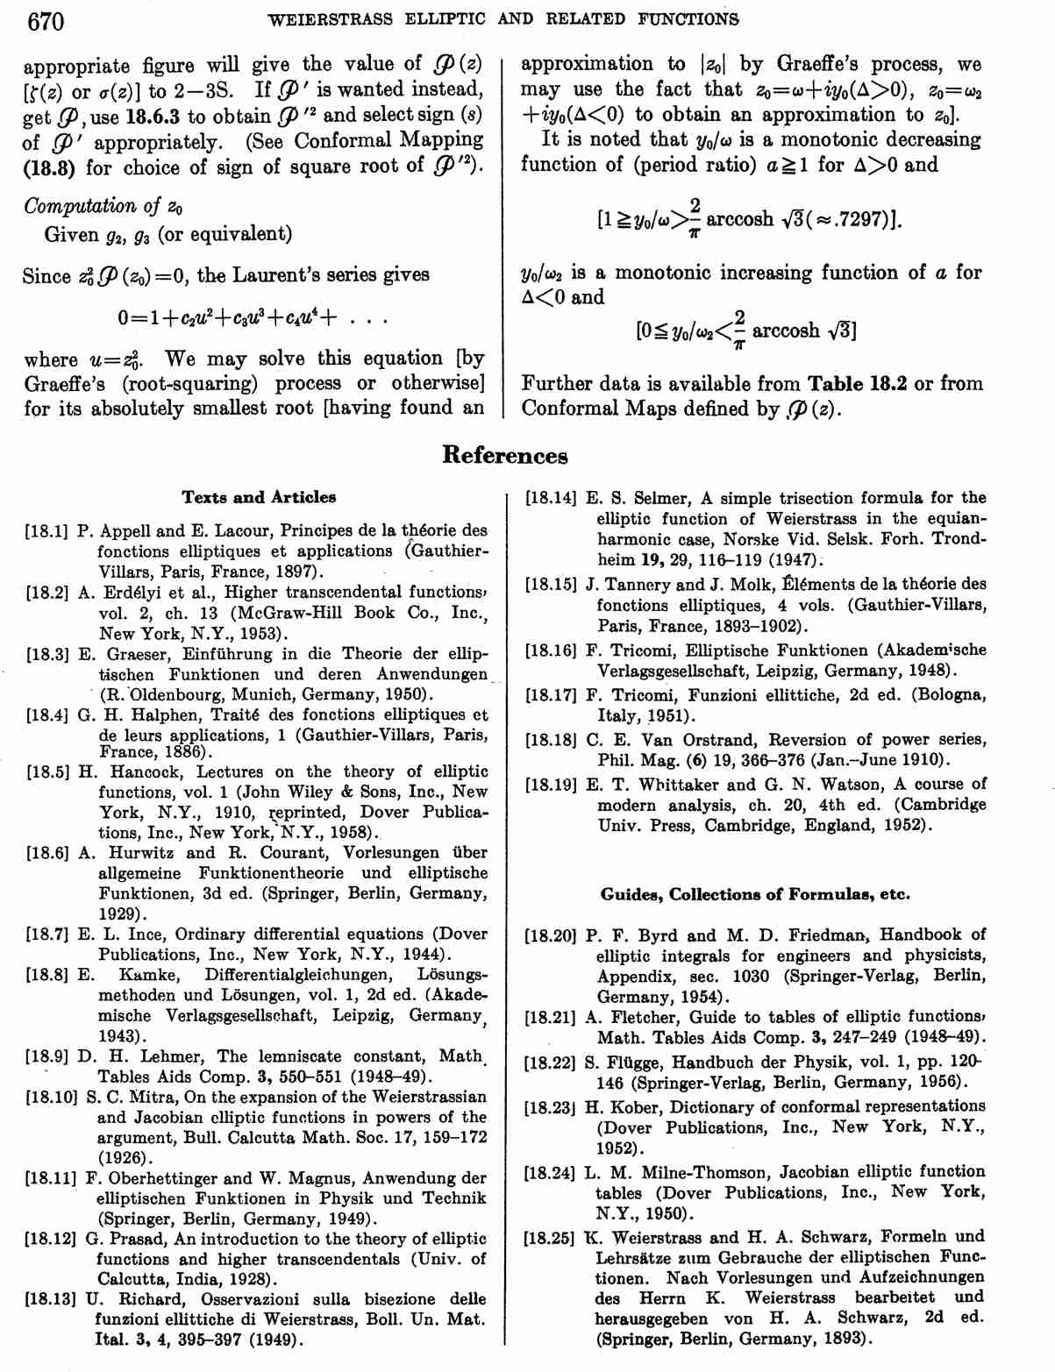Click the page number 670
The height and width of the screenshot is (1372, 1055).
pos(46,20)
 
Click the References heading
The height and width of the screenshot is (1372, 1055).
pos(504,455)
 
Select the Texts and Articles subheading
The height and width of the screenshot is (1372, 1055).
pos(259,497)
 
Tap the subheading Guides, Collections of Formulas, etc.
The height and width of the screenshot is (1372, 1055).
pos(755,894)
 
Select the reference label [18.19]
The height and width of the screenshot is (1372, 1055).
pos(551,785)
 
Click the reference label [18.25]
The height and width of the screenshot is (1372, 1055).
pos(551,1238)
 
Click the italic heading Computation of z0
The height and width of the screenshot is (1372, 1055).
pos(103,207)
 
